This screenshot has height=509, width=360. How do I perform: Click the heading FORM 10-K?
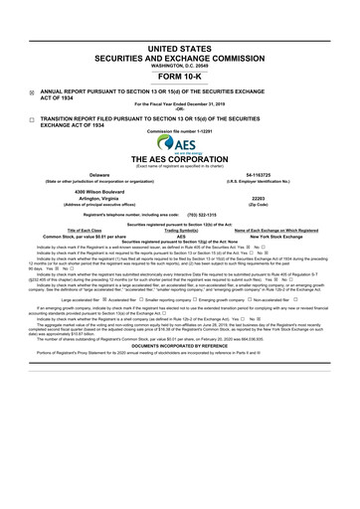(180, 76)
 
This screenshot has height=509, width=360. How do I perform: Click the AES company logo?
(180, 142)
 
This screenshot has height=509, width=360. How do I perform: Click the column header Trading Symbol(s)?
(181, 229)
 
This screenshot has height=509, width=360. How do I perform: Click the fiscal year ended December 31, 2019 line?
(180, 103)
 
